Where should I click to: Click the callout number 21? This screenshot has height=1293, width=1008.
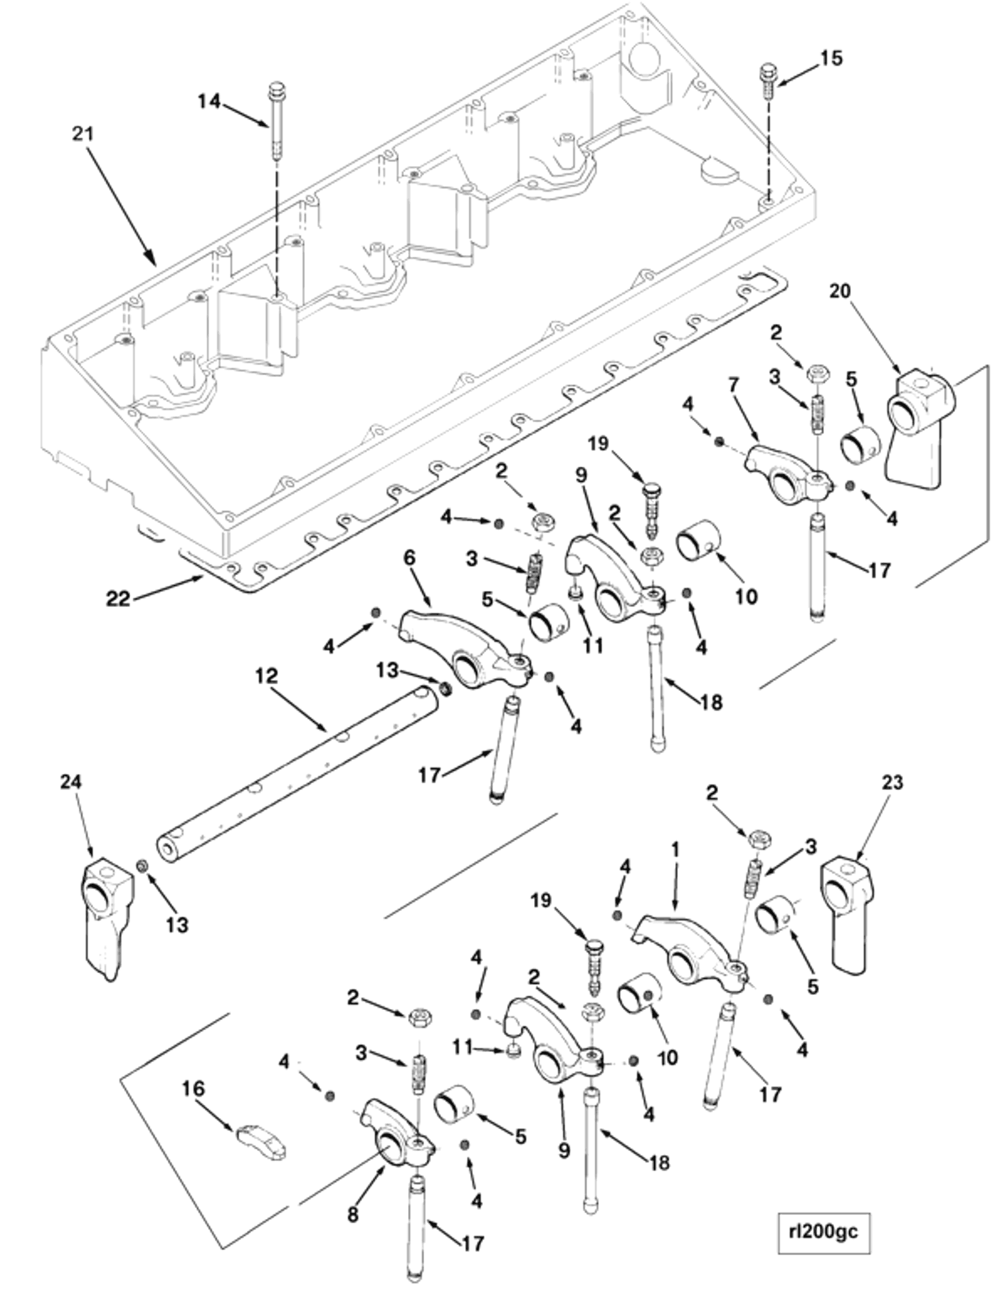(x=83, y=133)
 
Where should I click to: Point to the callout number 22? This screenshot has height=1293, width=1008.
(x=118, y=598)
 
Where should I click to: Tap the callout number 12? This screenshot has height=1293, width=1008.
(x=266, y=676)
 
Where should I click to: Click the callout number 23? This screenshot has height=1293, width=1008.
(x=892, y=783)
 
